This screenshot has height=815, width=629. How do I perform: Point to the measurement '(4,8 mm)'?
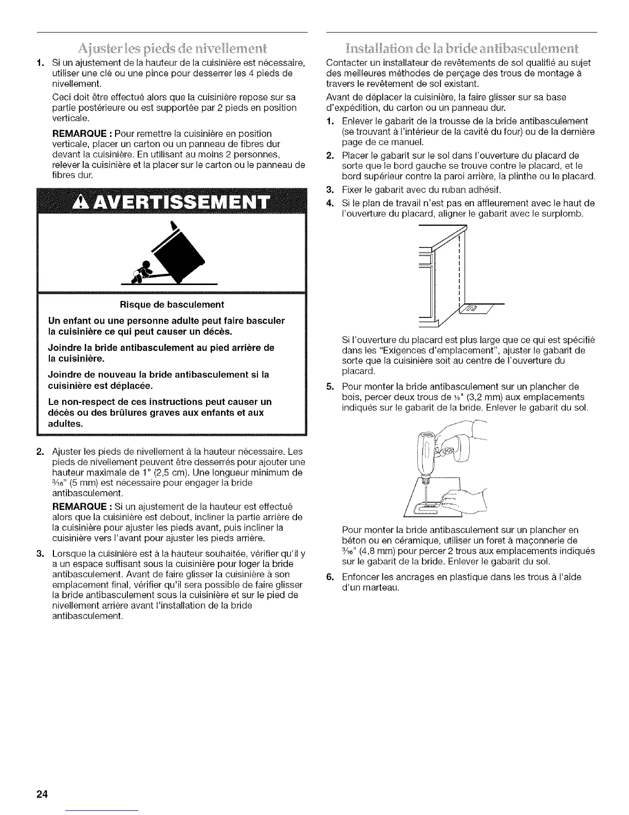pyautogui.click(x=371, y=551)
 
